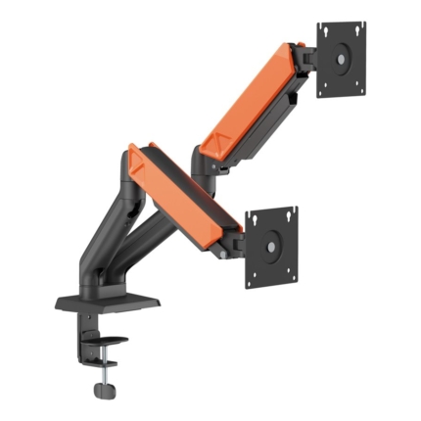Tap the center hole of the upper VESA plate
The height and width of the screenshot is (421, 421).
pyautogui.click(x=342, y=59)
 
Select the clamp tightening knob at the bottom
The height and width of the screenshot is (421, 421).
pyautogui.click(x=103, y=390)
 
